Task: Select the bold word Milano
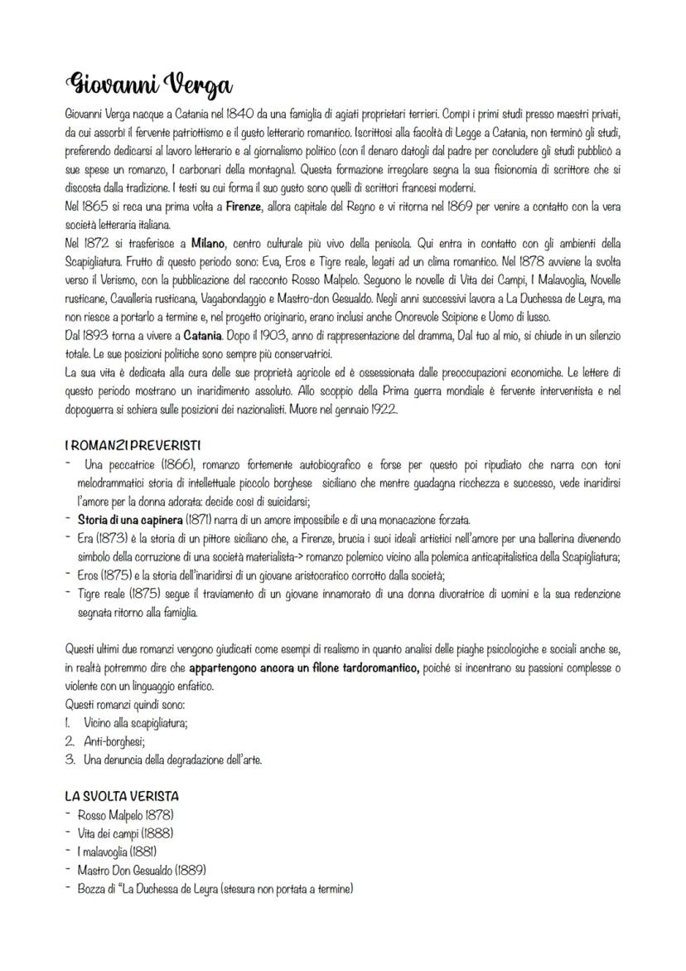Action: [210, 242]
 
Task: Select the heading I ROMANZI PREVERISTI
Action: [132, 447]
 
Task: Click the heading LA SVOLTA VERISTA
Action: [122, 797]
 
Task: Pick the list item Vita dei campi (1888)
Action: [125, 833]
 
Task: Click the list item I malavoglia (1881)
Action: [117, 851]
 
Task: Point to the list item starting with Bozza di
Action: [215, 889]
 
